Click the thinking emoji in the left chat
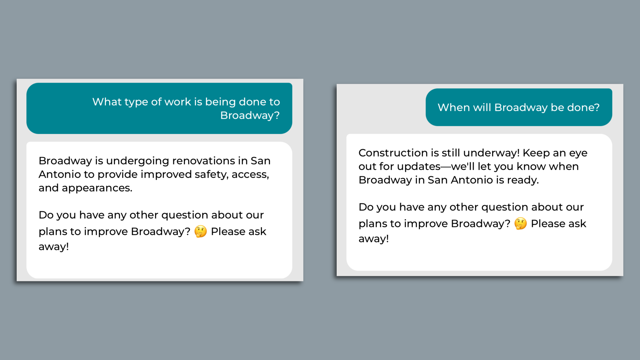click(x=201, y=231)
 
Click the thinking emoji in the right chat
click(x=520, y=223)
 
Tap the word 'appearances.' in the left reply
click(x=97, y=188)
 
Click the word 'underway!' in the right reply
click(x=491, y=153)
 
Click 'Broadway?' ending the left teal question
click(x=250, y=115)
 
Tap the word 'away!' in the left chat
click(x=54, y=247)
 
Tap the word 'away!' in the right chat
click(x=374, y=239)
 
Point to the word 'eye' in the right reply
click(x=578, y=153)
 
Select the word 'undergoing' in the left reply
click(x=137, y=161)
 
